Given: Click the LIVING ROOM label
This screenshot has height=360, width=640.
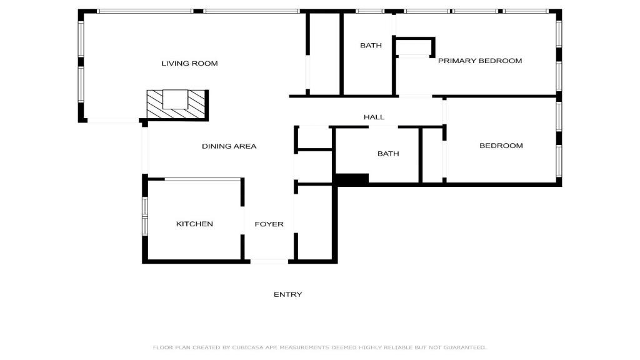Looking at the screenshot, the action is (x=189, y=63).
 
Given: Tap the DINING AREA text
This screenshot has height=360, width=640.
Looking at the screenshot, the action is (x=229, y=146).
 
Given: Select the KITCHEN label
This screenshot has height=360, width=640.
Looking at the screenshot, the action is (x=194, y=224).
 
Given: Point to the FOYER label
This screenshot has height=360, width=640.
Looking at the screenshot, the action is (x=269, y=224).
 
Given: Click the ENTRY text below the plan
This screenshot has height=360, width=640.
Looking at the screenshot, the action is (x=287, y=294).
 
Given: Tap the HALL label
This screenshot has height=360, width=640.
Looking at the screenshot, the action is (x=374, y=117).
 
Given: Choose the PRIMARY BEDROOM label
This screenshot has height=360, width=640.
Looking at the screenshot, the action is (x=480, y=61).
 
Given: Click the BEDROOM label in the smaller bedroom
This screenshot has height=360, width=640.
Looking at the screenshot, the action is (x=501, y=146).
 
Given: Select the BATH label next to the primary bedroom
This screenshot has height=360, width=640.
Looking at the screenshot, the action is (x=371, y=45).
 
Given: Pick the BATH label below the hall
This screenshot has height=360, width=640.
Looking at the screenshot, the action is (x=388, y=154).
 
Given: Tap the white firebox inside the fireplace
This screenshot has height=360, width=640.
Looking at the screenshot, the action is (x=176, y=99).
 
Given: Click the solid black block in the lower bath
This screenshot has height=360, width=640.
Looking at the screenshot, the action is (x=352, y=179).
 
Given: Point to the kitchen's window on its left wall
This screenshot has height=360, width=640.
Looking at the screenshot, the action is (x=144, y=216).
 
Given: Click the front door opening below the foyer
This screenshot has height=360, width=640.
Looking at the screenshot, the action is (x=269, y=261).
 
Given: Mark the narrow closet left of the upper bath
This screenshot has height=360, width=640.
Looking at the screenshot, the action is (x=324, y=54).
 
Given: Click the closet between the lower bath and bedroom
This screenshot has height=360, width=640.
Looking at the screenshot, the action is (x=432, y=156).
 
